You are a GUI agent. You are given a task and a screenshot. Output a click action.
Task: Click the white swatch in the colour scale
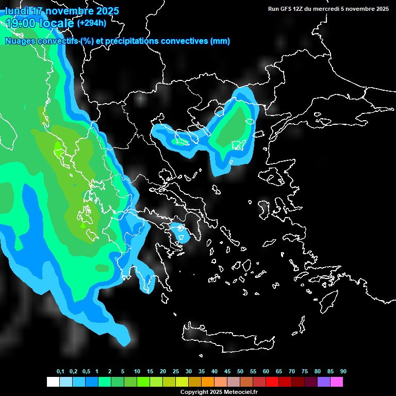click(x=53, y=382)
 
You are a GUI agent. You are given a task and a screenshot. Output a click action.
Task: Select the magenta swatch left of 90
click(x=337, y=382)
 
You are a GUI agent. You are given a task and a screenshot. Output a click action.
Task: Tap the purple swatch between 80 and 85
click(x=324, y=382)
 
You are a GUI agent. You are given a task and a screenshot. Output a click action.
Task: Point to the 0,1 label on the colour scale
click(x=60, y=372)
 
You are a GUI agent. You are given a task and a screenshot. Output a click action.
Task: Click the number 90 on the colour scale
click(x=343, y=372)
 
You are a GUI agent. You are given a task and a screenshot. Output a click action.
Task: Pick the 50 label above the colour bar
click(x=240, y=372)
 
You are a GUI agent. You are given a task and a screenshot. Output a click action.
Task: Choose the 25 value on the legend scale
click(x=176, y=372)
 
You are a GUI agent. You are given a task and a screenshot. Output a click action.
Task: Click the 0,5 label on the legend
click(x=86, y=372)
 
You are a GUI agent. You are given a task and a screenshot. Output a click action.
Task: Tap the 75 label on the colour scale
click(x=305, y=372)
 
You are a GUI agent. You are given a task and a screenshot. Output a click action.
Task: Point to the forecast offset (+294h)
click(x=92, y=23)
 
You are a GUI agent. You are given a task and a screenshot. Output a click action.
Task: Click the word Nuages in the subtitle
click(x=20, y=41)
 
